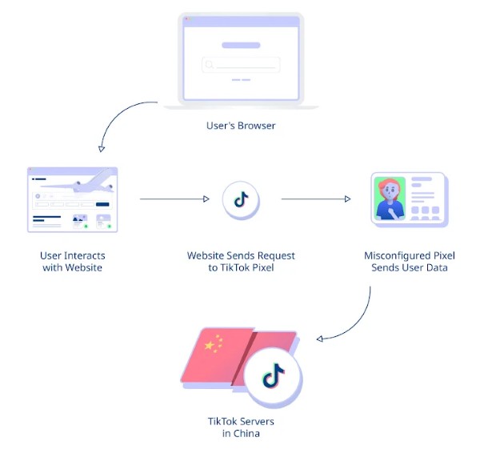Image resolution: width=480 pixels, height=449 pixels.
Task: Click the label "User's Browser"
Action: [241, 126]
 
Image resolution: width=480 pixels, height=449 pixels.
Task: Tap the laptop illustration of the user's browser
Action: [241, 60]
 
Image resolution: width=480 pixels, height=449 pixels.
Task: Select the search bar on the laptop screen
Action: [241, 65]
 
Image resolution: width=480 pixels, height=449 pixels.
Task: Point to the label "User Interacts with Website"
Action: [73, 262]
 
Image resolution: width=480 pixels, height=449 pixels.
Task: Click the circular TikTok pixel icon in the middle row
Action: [241, 199]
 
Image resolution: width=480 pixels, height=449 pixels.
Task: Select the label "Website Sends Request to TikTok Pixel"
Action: [241, 262]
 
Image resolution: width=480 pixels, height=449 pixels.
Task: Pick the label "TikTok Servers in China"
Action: [241, 427]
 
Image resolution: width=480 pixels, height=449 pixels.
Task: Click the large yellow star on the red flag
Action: [211, 346]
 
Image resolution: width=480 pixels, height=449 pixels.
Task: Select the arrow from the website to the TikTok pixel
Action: [172, 198]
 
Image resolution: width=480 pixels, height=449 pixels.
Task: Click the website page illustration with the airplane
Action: [72, 200]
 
